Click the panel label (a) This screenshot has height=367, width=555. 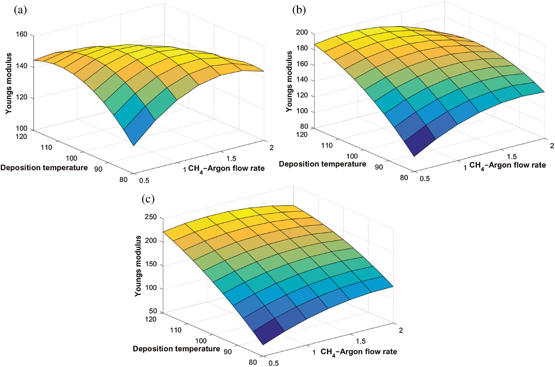(20, 10)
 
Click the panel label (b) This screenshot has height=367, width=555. (299, 10)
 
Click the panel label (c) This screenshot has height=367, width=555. (148, 199)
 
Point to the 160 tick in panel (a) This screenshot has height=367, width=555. (22, 34)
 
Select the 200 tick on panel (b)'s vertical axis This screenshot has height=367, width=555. (302, 32)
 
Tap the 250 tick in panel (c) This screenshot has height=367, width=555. (151, 217)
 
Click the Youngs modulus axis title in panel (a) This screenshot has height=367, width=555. (9, 83)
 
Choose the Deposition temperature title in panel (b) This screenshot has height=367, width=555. (322, 164)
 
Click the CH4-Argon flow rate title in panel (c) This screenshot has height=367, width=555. (359, 352)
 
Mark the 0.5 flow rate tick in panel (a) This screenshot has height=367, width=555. (144, 181)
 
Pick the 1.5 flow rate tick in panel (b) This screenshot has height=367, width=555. (512, 156)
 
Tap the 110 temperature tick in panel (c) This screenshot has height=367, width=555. (176, 330)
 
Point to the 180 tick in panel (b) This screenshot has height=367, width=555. (302, 48)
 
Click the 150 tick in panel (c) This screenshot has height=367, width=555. (151, 264)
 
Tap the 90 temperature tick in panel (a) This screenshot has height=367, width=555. (98, 169)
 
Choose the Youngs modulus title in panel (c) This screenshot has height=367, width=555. (138, 266)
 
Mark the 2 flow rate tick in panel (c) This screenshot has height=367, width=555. (401, 330)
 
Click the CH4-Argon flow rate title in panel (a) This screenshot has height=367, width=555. (226, 169)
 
